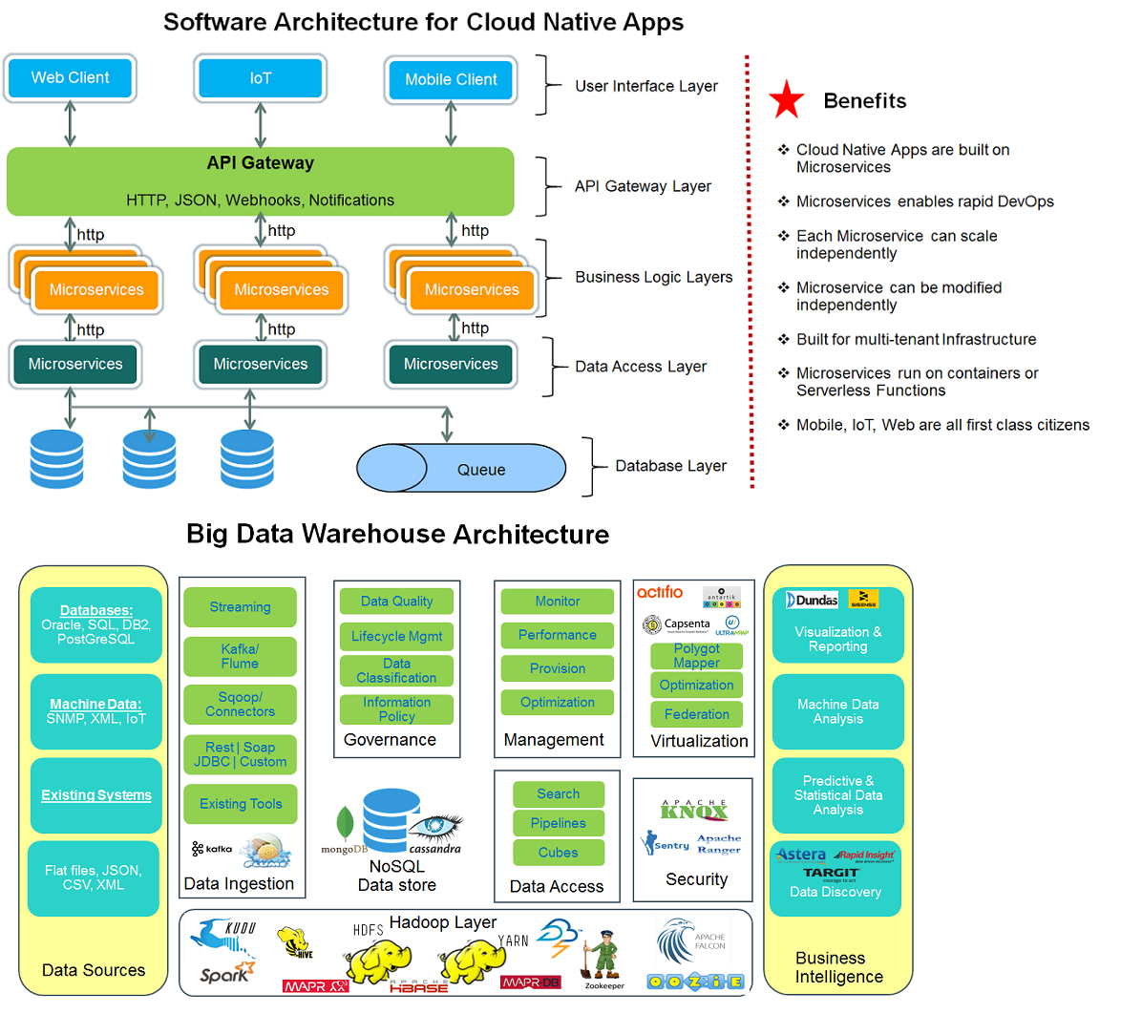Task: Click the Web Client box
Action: (x=70, y=78)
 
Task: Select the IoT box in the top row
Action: (x=260, y=78)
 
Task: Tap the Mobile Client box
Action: (x=451, y=80)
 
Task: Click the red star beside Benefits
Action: (x=787, y=100)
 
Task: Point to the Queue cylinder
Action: (x=462, y=469)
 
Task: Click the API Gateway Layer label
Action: (x=643, y=186)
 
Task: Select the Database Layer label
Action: (x=670, y=466)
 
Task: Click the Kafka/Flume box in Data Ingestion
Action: (x=240, y=656)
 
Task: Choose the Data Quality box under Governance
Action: (x=396, y=602)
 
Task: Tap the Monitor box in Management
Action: (x=557, y=602)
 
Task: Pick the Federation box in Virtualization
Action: (x=696, y=714)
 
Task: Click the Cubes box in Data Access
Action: (x=558, y=853)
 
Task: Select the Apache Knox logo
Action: (x=694, y=811)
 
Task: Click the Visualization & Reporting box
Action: (x=837, y=638)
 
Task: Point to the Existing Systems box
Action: (x=95, y=795)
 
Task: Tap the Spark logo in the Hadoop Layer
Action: (x=225, y=973)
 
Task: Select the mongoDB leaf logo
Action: (x=345, y=824)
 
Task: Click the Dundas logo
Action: (x=812, y=600)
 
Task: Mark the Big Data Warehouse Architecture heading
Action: (x=397, y=534)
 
